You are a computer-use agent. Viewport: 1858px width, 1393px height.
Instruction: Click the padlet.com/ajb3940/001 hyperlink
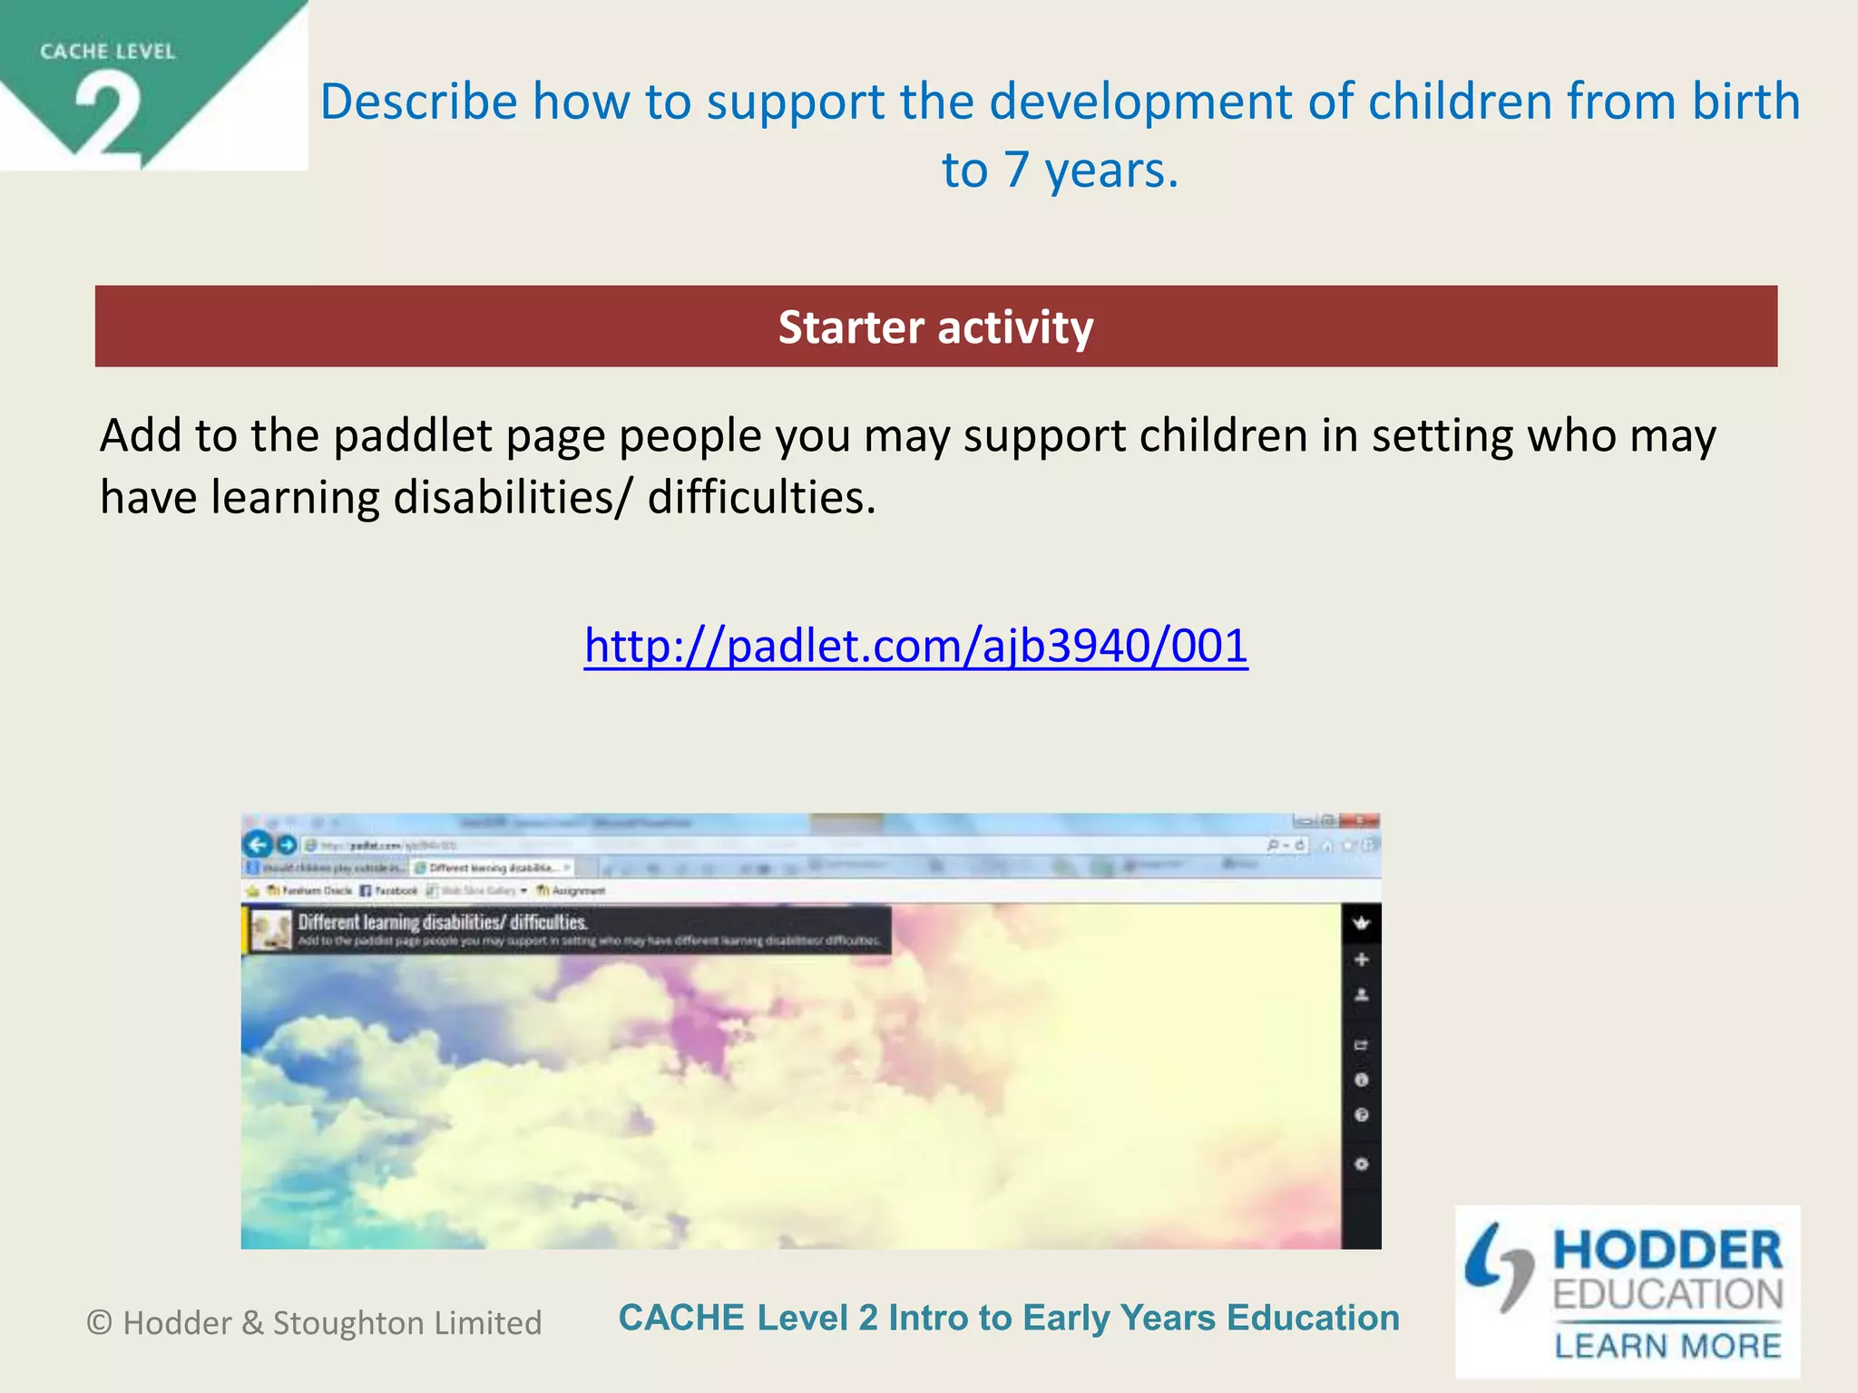(x=915, y=646)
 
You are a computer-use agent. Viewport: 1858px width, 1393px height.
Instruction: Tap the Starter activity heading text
(x=935, y=327)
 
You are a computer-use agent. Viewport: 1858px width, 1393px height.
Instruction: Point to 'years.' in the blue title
(x=1110, y=170)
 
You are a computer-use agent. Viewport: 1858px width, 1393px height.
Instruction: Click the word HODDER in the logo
(x=1667, y=1252)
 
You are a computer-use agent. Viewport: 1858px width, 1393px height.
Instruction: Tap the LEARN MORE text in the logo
(x=1667, y=1346)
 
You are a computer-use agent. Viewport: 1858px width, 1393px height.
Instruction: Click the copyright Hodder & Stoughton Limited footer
(x=314, y=1323)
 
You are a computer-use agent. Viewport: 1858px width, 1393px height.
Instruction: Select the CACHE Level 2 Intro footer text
(x=1008, y=1318)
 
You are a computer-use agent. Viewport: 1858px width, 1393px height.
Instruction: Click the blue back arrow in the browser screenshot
(x=258, y=844)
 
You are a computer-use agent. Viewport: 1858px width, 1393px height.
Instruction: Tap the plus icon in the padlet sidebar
(x=1361, y=960)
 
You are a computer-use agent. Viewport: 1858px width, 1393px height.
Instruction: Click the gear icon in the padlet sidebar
(x=1361, y=1164)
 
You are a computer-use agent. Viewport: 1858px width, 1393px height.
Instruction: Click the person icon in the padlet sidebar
(x=1361, y=995)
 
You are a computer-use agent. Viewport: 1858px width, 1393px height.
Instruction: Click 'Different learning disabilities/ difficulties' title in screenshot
(x=443, y=922)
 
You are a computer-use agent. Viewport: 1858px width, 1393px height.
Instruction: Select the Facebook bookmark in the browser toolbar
(x=389, y=891)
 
